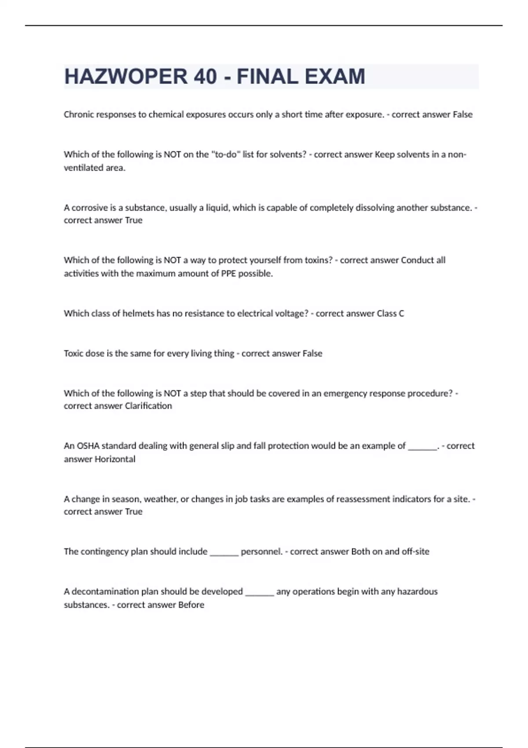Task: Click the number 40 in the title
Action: [205, 77]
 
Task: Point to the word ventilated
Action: [85, 168]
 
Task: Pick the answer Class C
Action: [390, 314]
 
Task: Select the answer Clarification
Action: [148, 406]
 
